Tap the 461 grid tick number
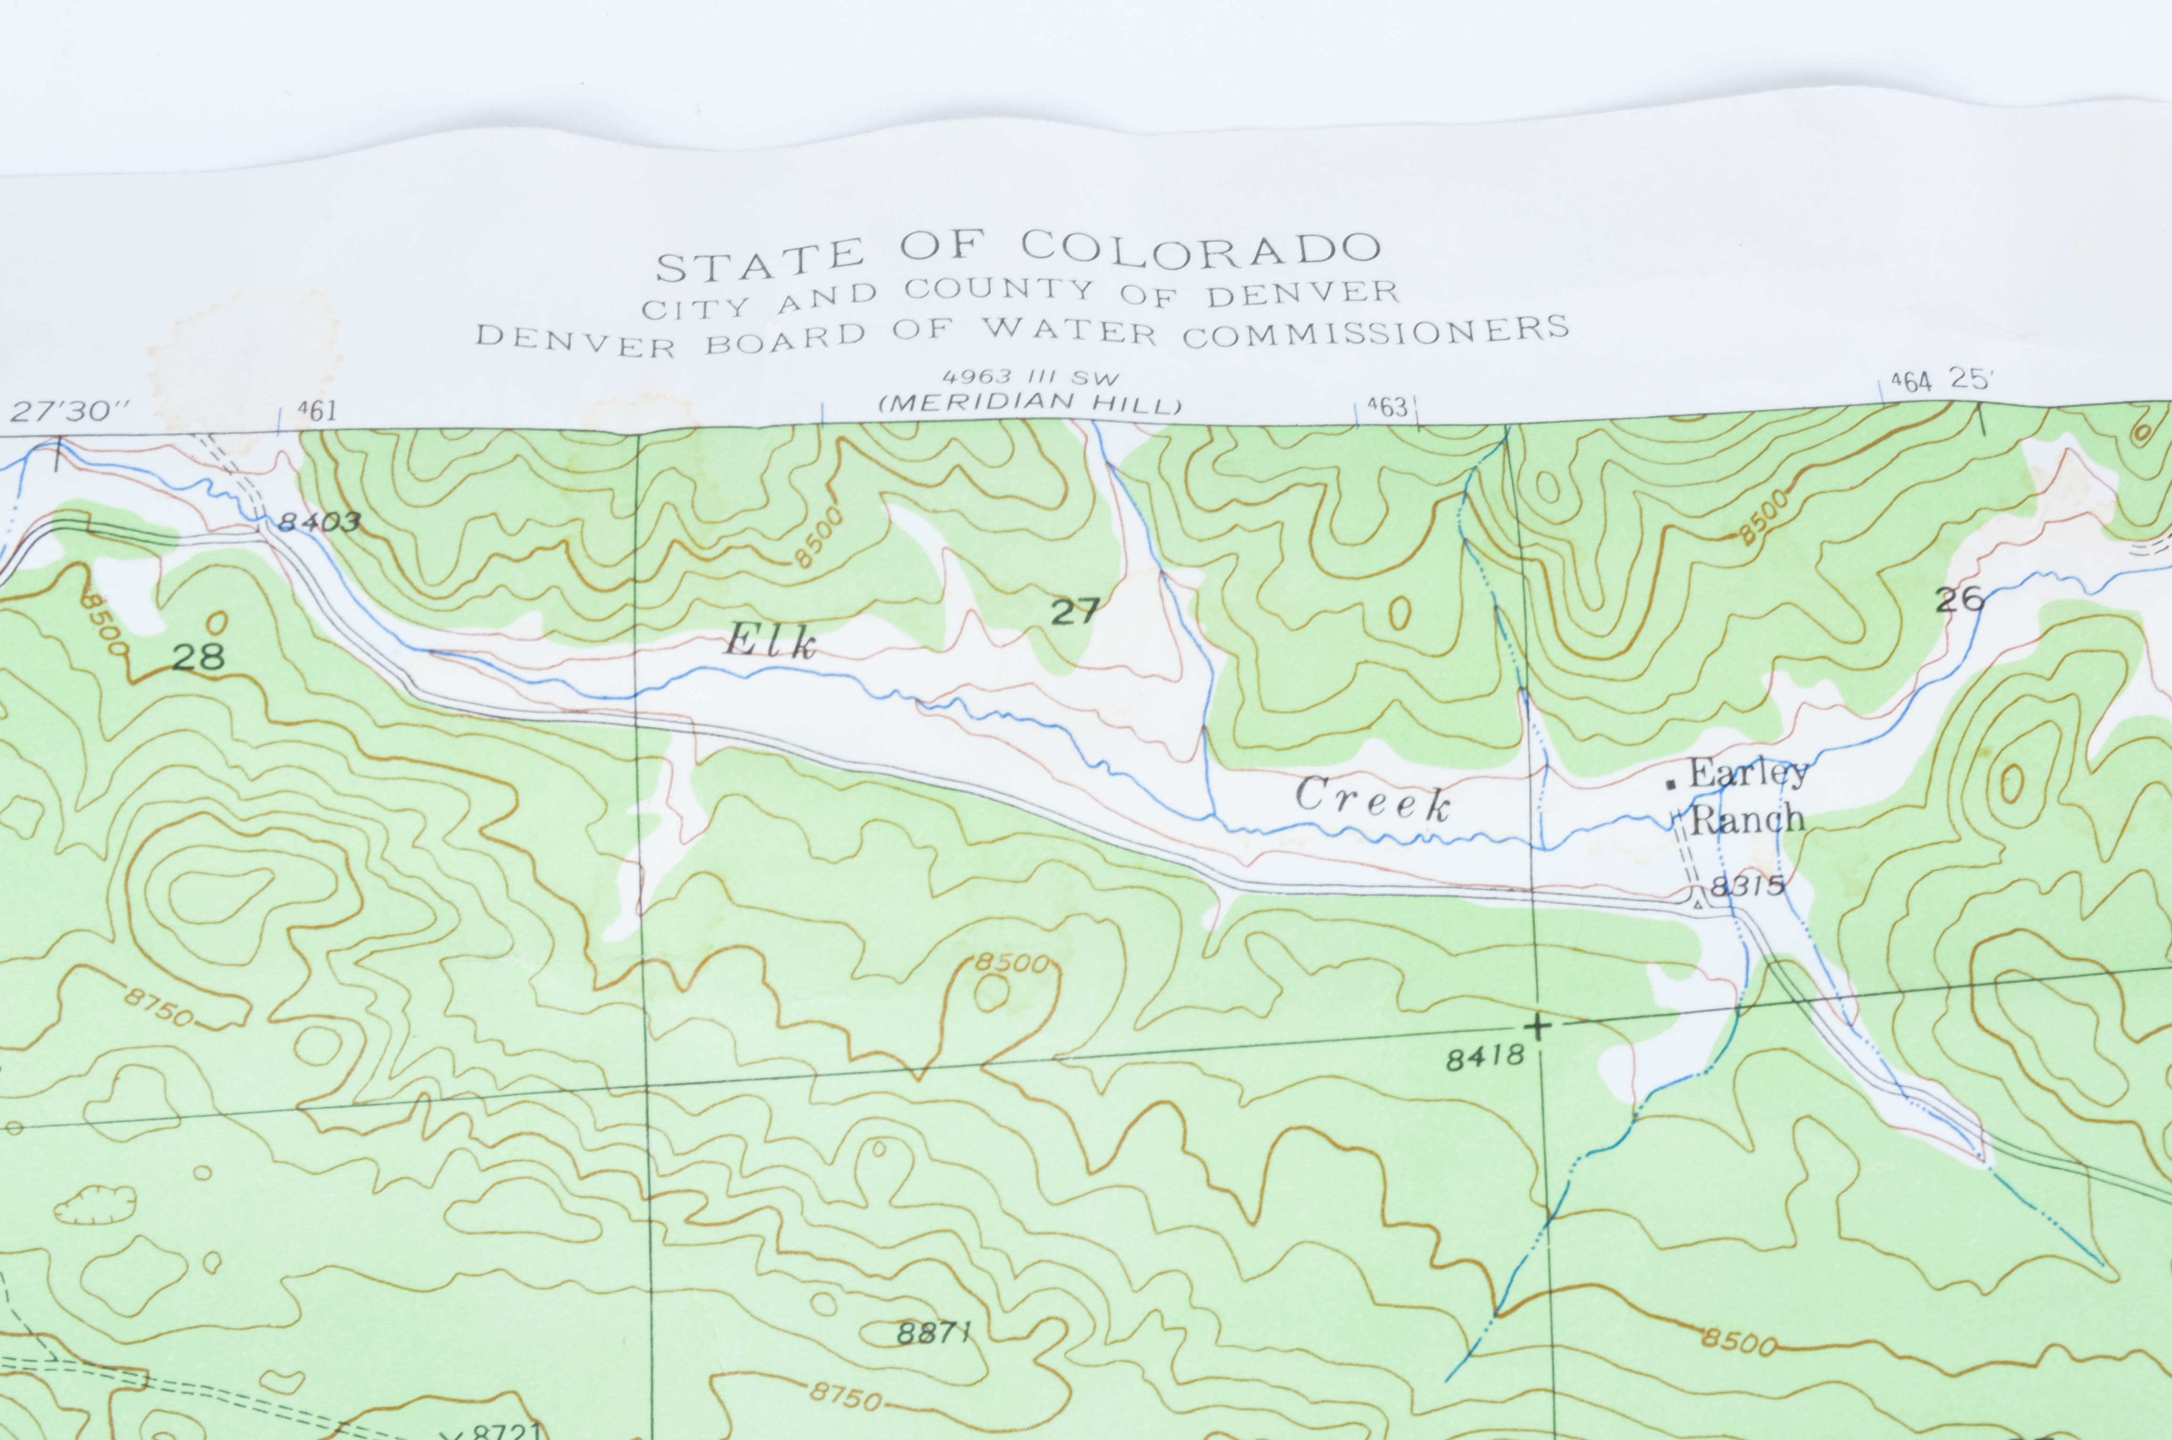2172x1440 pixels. pos(317,410)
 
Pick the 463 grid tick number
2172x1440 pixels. pos(1387,405)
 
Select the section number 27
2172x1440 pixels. pos(1075,611)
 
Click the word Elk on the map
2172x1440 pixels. pos(770,641)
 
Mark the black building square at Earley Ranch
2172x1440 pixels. pos(1671,783)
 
